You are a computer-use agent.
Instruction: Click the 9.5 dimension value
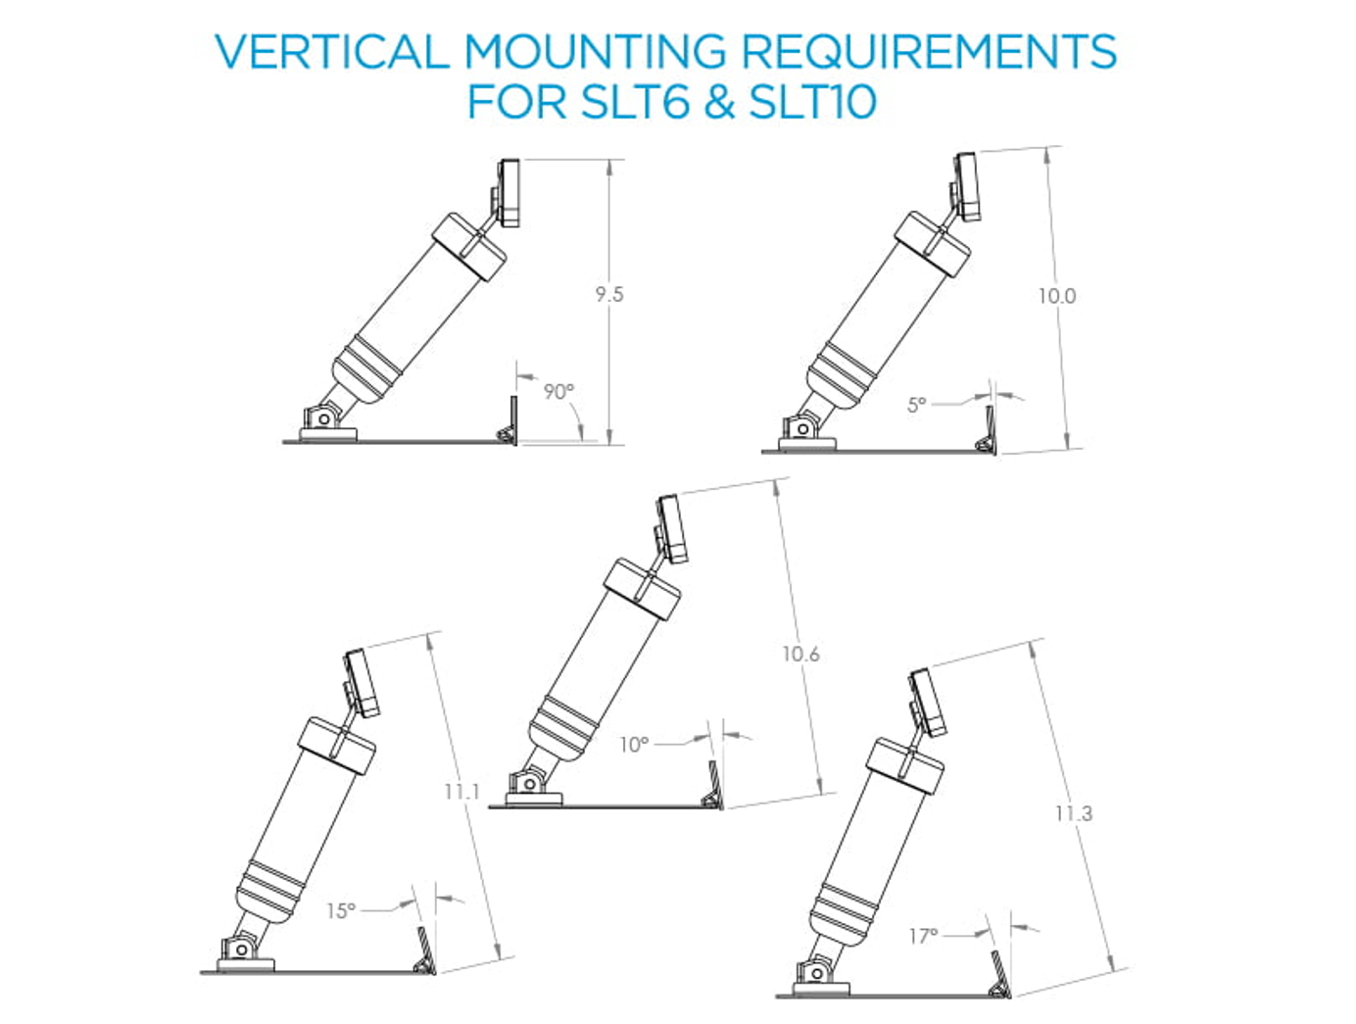coord(608,294)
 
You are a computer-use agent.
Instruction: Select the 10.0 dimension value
coord(1056,296)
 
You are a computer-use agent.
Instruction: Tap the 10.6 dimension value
coord(799,654)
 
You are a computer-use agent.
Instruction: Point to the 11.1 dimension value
coord(461,791)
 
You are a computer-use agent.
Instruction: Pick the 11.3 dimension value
coord(1073,813)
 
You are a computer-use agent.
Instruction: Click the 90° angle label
coord(558,392)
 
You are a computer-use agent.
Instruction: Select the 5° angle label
coord(916,405)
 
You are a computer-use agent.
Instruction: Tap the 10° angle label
coord(634,745)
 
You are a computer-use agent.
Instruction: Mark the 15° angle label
coord(341,910)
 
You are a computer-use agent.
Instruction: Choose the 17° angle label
coord(923,936)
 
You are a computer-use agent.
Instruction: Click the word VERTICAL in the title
coord(332,52)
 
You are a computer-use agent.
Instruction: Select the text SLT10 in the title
coord(812,102)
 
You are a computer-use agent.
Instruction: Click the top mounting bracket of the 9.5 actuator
coord(508,193)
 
